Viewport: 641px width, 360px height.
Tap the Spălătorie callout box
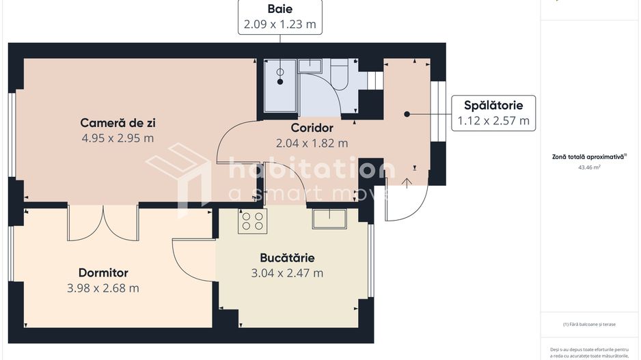point(493,113)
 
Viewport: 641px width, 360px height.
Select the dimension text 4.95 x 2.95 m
point(117,138)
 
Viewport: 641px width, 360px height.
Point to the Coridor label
point(312,128)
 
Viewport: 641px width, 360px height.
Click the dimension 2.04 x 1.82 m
point(312,143)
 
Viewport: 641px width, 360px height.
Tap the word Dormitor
point(103,273)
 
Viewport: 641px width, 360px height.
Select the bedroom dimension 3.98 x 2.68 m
point(103,288)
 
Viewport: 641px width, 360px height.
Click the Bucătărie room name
point(287,258)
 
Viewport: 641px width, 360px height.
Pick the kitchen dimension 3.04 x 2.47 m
point(287,273)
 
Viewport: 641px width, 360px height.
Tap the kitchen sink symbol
point(329,219)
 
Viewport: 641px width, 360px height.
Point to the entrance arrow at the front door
point(407,182)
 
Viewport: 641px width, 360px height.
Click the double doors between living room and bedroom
point(103,222)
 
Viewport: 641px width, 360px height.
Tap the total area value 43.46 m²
point(588,167)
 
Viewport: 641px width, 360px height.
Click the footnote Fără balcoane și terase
point(588,324)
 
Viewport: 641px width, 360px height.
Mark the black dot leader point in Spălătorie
point(407,114)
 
